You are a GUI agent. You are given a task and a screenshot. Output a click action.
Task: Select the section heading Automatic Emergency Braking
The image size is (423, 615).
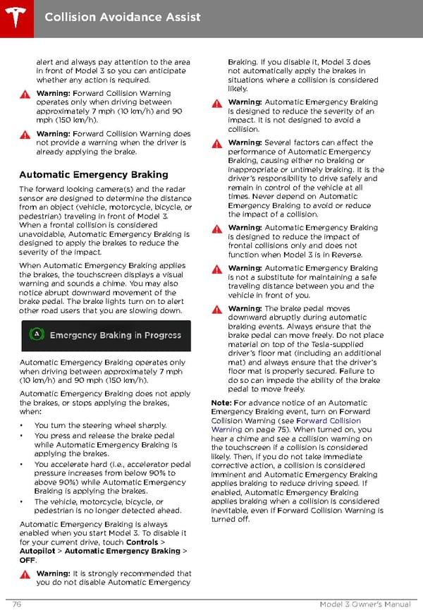[94, 175]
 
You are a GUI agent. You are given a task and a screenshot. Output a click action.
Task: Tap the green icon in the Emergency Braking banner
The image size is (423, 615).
[37, 335]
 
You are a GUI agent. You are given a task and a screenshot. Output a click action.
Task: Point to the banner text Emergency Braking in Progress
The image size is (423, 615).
[116, 336]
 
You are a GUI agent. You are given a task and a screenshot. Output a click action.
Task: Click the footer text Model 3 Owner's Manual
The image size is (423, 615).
[364, 605]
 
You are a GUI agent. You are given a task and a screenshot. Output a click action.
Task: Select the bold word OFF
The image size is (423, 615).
[27, 560]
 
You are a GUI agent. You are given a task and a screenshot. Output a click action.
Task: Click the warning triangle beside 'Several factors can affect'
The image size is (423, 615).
[217, 143]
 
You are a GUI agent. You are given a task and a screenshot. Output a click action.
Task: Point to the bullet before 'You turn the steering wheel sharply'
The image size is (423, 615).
[23, 426]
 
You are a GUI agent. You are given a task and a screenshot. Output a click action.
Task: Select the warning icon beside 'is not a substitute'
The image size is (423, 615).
[217, 269]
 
